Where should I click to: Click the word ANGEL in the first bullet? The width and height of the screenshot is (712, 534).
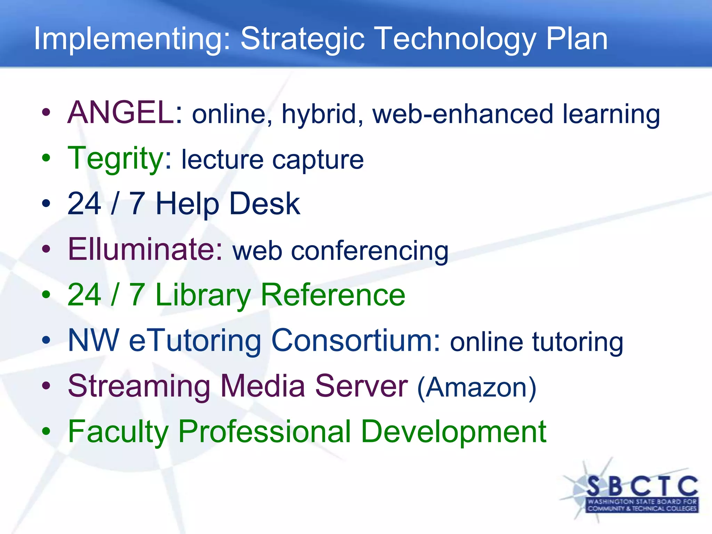(x=120, y=113)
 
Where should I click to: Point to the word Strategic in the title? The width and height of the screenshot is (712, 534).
(x=302, y=39)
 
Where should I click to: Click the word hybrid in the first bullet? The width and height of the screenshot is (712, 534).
(x=322, y=115)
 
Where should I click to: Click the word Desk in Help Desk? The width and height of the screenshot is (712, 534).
(x=264, y=204)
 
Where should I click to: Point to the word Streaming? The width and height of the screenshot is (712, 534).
(x=139, y=387)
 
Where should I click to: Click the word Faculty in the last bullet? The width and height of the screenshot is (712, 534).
(x=118, y=432)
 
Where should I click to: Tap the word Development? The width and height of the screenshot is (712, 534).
(x=453, y=432)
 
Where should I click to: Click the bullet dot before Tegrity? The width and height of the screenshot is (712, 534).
(x=46, y=158)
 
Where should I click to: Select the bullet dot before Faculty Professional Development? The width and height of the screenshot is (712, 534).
(x=46, y=431)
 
